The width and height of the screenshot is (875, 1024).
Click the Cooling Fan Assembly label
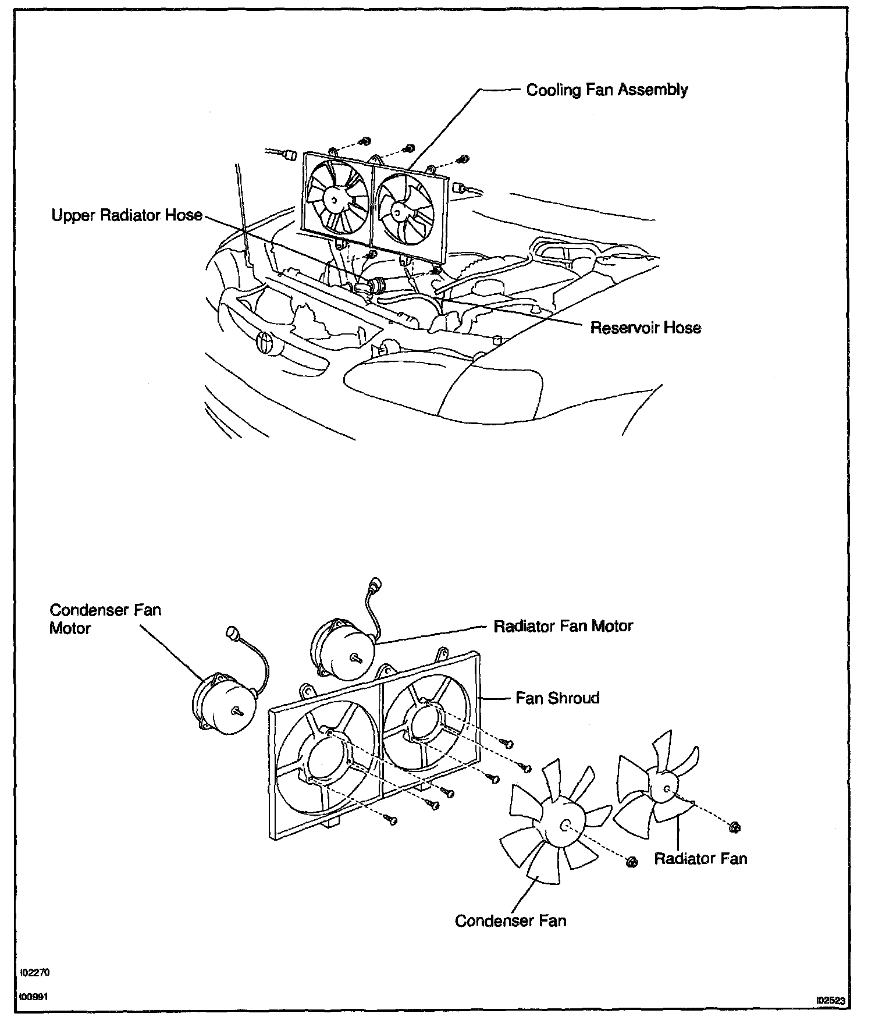607,90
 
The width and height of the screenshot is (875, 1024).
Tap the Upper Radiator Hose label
127,215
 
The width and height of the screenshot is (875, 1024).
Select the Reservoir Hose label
645,328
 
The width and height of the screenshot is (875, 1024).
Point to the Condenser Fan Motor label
105,619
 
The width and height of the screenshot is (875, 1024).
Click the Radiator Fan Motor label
563,626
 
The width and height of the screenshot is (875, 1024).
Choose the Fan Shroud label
557,698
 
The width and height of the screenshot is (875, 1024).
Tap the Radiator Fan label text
700,858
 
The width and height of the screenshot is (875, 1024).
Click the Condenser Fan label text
510,920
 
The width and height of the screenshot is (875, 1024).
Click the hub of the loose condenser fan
564,825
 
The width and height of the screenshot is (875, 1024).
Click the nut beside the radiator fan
734,827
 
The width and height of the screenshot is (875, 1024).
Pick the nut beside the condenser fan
632,862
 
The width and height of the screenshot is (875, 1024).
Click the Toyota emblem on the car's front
265,341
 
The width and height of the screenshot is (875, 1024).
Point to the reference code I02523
831,1000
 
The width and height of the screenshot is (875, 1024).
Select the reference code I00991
34,996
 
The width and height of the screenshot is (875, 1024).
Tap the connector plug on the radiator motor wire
376,584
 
